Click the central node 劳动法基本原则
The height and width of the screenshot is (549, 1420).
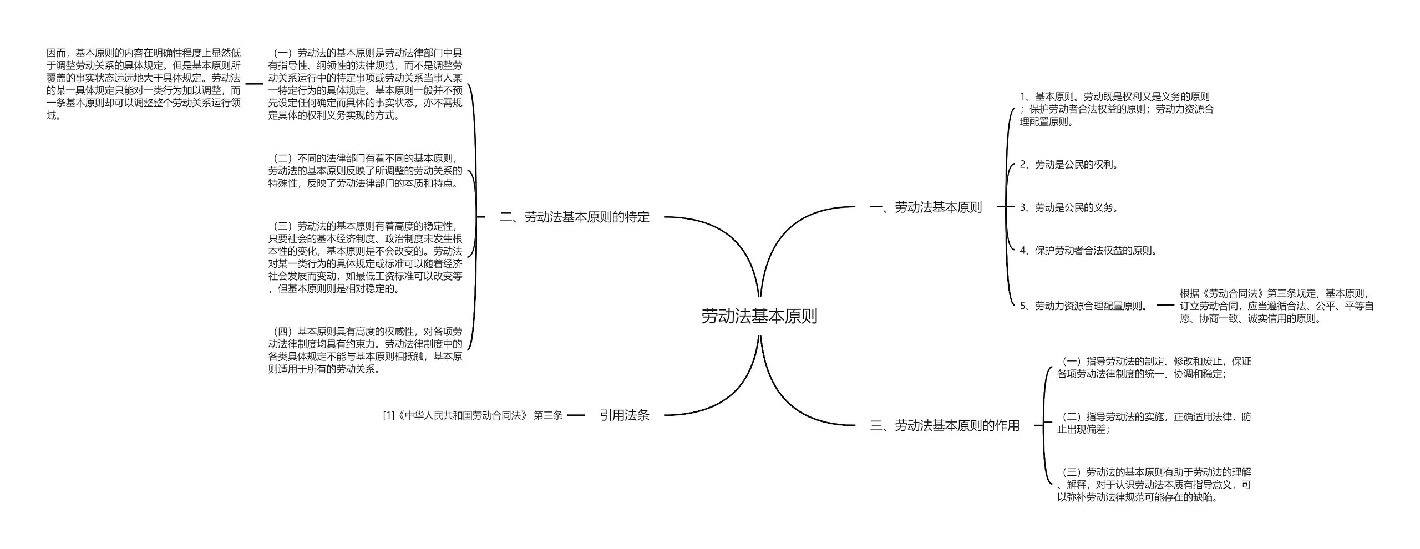[759, 317]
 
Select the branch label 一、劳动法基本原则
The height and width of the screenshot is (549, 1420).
[926, 207]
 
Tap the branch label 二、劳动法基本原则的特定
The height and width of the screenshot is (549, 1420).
[574, 217]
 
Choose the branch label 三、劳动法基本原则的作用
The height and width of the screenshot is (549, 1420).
[945, 425]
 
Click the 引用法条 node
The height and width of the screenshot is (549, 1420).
[624, 415]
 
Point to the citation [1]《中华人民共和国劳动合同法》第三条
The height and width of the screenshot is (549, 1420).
[473, 415]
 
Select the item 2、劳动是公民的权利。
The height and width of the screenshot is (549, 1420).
[1069, 165]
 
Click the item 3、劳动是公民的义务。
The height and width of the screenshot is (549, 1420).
[1069, 207]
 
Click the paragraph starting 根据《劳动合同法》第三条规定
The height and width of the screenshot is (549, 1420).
[1276, 306]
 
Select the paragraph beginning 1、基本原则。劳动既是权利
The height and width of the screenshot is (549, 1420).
[1116, 109]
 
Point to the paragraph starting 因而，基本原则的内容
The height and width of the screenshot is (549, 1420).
[144, 84]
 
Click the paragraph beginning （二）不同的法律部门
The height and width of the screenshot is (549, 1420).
[365, 171]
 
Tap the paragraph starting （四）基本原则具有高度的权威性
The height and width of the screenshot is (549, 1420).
[365, 350]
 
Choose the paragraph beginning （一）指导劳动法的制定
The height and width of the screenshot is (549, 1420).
[1154, 367]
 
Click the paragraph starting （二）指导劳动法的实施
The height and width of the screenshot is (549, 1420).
[1154, 423]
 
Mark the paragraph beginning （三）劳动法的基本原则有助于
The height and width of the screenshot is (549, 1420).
[1154, 485]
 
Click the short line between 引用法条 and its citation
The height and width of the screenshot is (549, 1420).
[576, 415]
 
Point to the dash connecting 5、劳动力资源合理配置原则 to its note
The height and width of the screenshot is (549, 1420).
[1165, 306]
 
